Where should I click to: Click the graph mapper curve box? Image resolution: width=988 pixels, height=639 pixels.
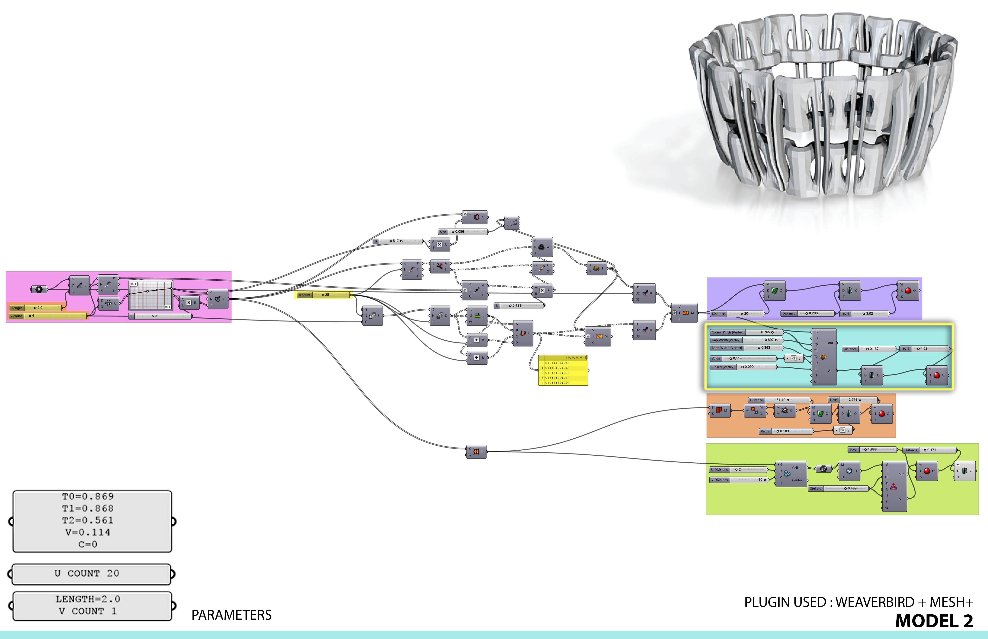tap(151, 295)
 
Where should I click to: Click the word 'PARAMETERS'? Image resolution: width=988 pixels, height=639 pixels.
tap(231, 615)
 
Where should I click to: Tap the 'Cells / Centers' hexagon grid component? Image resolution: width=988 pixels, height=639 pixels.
tap(791, 474)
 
